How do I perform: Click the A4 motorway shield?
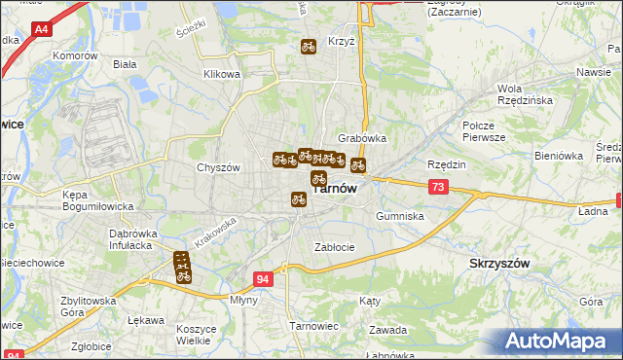(40, 30)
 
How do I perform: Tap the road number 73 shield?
(438, 187)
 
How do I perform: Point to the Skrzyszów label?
(498, 264)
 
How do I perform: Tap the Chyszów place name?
(218, 167)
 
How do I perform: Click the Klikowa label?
(221, 74)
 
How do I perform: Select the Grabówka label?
(361, 138)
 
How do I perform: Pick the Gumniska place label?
(399, 216)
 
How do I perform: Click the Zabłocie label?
(334, 247)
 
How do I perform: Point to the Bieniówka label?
(557, 156)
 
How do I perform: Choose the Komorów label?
(78, 56)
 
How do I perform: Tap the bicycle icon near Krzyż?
(308, 46)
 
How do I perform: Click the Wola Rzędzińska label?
(525, 93)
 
